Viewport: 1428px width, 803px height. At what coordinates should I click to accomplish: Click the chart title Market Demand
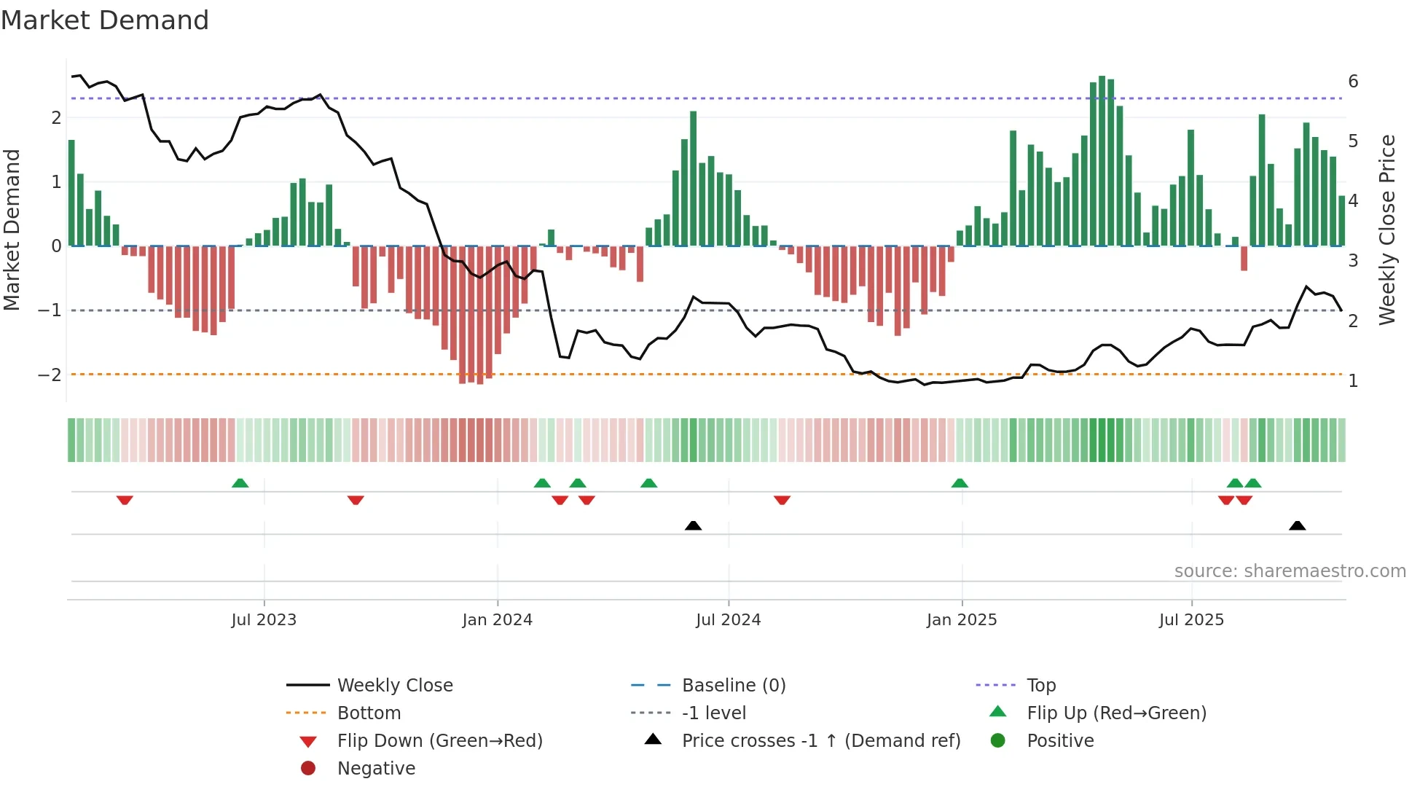click(x=105, y=20)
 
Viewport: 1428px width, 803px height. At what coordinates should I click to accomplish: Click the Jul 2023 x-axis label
click(x=264, y=620)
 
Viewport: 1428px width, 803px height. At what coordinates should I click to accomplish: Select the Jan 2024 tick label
click(x=497, y=620)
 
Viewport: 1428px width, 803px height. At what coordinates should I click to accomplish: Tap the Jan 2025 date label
click(x=962, y=620)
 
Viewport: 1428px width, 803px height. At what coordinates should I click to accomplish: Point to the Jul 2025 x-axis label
click(x=1191, y=620)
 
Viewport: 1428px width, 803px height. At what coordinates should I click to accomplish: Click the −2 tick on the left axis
click(x=50, y=375)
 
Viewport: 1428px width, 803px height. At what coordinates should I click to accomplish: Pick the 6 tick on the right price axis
click(x=1353, y=82)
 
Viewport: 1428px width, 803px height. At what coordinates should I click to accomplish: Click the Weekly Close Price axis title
click(x=1387, y=230)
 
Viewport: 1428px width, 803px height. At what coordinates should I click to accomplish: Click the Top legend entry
click(x=1041, y=686)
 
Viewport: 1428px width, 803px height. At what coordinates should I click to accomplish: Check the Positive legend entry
click(x=1060, y=741)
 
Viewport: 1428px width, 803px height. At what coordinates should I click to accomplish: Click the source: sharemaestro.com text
click(x=1290, y=571)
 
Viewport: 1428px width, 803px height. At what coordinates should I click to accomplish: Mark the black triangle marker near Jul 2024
click(x=693, y=525)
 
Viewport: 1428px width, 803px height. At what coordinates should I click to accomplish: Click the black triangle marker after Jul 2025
click(x=1297, y=525)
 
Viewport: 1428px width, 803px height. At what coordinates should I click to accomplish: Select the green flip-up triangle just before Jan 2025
click(x=960, y=483)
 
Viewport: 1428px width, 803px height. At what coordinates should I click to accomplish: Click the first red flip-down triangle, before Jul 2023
click(x=125, y=500)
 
